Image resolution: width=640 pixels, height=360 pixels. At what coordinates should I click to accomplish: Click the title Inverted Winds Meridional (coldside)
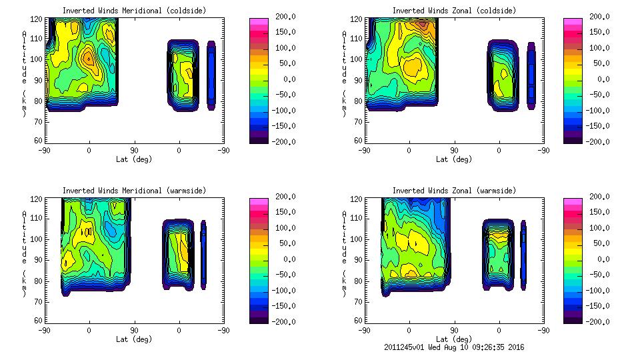pyautogui.click(x=134, y=11)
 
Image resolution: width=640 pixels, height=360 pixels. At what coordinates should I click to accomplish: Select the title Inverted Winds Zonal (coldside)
pyautogui.click(x=454, y=11)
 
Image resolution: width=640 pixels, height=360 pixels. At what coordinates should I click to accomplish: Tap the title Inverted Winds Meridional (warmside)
pyautogui.click(x=134, y=191)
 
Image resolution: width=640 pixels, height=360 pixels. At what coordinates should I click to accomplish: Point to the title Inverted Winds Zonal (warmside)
pyautogui.click(x=454, y=191)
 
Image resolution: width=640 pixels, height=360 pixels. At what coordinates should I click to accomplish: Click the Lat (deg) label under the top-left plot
pyautogui.click(x=134, y=159)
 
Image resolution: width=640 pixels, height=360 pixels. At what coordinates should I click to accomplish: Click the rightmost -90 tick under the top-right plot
pyautogui.click(x=544, y=151)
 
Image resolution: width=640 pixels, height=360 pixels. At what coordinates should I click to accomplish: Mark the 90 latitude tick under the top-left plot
pyautogui.click(x=134, y=151)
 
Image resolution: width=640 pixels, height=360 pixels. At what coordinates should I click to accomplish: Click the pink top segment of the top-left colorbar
pyautogui.click(x=257, y=22)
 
